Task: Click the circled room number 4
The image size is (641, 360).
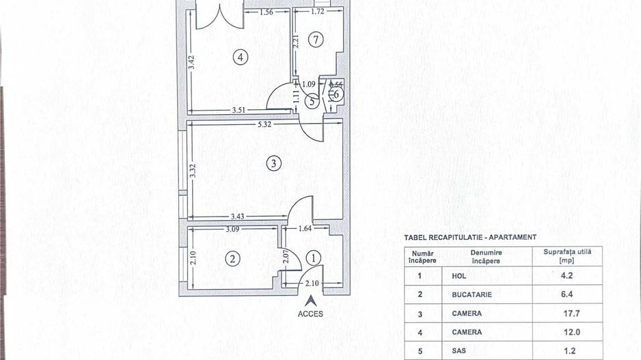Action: click(239, 57)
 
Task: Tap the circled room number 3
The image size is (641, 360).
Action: click(273, 163)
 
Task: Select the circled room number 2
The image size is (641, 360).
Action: click(233, 258)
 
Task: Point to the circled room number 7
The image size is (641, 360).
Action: click(314, 40)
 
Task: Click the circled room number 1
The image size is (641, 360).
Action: click(314, 258)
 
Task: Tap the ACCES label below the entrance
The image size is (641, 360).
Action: click(310, 314)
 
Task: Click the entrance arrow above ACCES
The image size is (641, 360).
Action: click(310, 299)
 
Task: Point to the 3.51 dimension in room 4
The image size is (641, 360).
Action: click(239, 109)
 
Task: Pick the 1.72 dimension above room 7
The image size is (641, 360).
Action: click(317, 12)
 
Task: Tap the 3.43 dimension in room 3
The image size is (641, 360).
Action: click(238, 216)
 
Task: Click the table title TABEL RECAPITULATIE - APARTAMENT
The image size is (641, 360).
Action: click(470, 237)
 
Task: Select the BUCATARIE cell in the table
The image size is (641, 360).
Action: click(472, 294)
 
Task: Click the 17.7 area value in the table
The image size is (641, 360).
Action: click(567, 313)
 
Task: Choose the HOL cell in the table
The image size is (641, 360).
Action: click(459, 276)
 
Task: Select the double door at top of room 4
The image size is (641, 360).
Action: click(219, 15)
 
